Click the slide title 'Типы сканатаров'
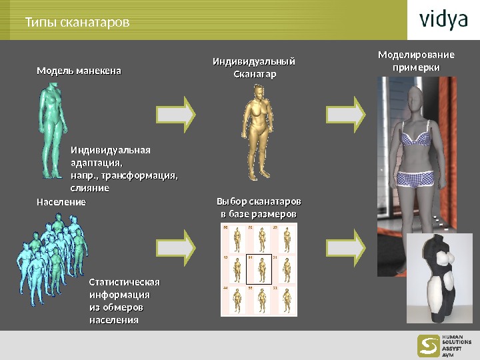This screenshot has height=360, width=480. [77, 23]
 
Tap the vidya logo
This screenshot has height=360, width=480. [443, 20]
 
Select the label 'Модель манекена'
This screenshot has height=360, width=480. [79, 69]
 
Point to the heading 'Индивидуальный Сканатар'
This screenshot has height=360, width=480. [253, 67]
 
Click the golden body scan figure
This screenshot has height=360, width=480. [257, 133]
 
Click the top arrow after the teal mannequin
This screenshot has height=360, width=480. [176, 111]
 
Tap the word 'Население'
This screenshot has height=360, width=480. [61, 201]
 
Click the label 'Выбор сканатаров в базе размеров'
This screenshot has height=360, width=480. [259, 207]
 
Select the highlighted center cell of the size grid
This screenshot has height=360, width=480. [259, 269]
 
